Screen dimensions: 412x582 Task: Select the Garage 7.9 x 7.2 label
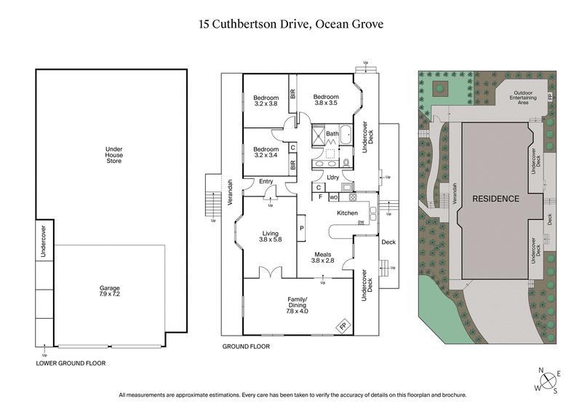(110, 290)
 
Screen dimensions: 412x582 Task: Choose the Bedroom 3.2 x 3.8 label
(266, 100)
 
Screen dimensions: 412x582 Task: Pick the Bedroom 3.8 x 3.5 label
(326, 100)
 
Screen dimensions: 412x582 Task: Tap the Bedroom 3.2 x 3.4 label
(266, 152)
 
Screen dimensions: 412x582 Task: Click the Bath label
(332, 134)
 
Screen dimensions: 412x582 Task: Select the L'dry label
(334, 178)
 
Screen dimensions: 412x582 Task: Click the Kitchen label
(346, 213)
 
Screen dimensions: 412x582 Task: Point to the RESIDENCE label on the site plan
(496, 199)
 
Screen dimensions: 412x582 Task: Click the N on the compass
(541, 371)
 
